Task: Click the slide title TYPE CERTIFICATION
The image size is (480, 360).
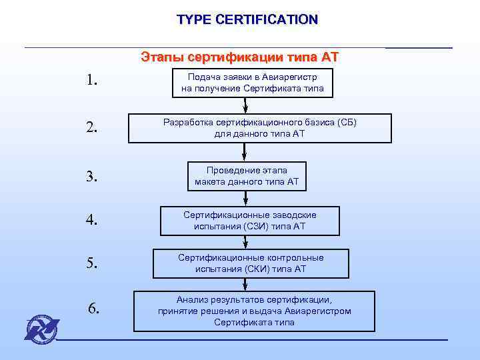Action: click(x=247, y=19)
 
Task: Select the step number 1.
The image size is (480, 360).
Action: click(x=92, y=81)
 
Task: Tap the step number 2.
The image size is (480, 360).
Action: click(x=92, y=127)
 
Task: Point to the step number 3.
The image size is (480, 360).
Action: click(x=92, y=177)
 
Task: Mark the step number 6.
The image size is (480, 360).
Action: click(x=94, y=308)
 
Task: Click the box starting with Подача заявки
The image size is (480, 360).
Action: click(x=252, y=82)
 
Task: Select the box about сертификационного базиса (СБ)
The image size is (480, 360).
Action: click(x=259, y=128)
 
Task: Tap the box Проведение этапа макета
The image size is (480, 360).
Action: click(x=247, y=176)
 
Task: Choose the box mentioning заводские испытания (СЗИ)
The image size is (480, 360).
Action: click(x=250, y=221)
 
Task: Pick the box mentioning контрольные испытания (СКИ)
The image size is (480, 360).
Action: click(x=251, y=263)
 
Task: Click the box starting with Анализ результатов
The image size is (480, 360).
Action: click(x=254, y=311)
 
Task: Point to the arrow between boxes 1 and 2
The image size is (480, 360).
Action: click(x=246, y=105)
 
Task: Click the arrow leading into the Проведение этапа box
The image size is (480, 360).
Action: click(x=246, y=152)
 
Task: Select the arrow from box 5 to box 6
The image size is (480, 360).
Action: click(x=246, y=284)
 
